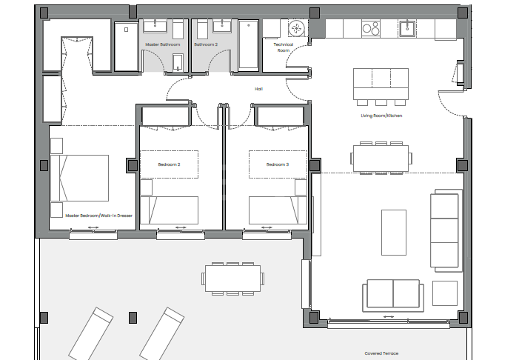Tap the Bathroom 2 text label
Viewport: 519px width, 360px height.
[207, 44]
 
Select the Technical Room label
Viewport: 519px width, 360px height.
[283, 47]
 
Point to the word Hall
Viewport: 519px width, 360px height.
[259, 89]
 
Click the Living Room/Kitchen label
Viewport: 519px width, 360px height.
[382, 116]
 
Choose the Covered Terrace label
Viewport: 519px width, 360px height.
[381, 353]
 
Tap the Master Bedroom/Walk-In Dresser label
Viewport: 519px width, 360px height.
[98, 216]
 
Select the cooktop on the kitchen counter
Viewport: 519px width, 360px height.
[369, 28]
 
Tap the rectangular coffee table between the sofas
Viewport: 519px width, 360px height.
[393, 232]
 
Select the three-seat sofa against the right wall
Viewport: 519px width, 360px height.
[446, 229]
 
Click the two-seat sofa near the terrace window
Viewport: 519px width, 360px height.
[392, 295]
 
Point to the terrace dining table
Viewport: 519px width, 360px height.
[232, 279]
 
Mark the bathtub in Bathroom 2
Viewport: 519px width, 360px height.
[249, 45]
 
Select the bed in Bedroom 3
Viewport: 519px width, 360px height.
[275, 209]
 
